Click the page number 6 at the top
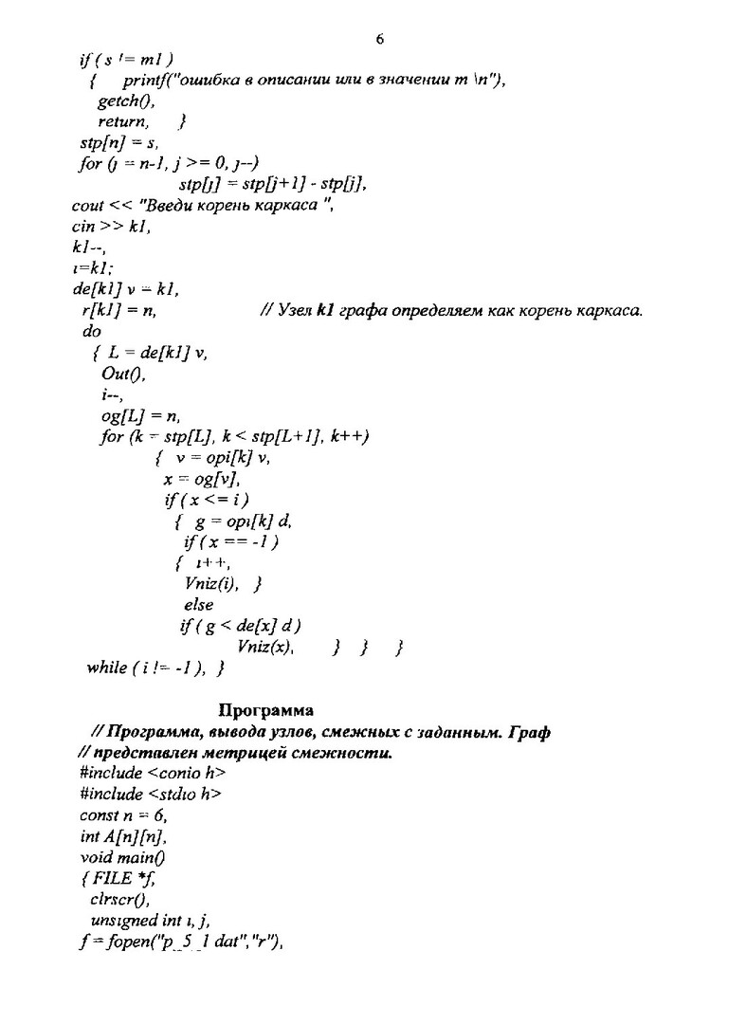[379, 39]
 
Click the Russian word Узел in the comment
[294, 310]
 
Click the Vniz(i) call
[212, 583]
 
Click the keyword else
[198, 604]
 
